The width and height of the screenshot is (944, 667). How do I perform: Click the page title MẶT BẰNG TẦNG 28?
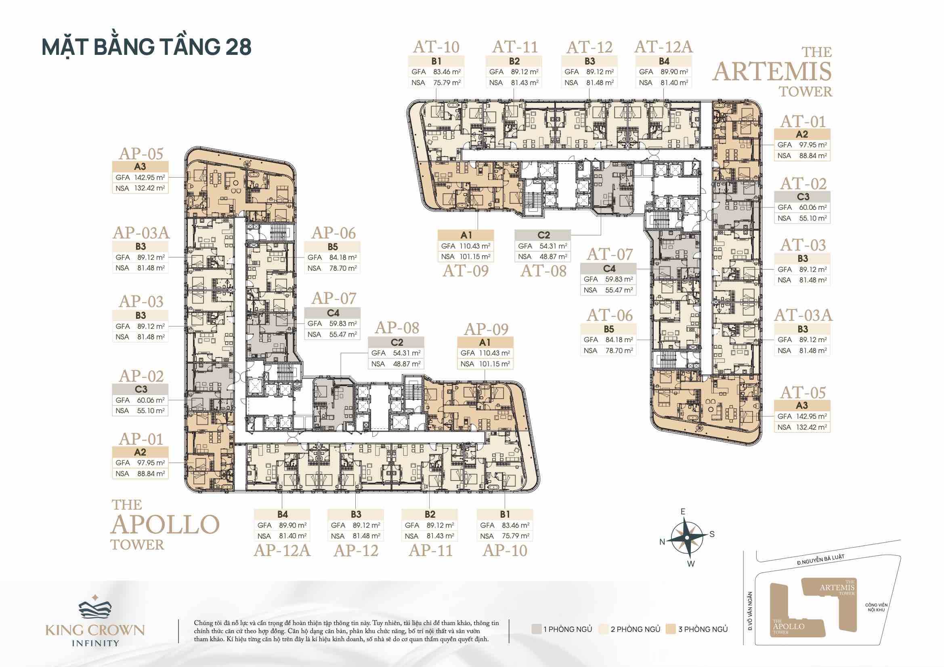coord(147,47)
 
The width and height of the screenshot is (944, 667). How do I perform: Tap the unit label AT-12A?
coord(664,47)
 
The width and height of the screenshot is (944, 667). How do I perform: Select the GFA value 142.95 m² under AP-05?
coord(150,178)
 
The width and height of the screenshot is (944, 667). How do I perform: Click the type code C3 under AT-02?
coord(803,197)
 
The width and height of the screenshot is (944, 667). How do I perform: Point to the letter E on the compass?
coord(683,511)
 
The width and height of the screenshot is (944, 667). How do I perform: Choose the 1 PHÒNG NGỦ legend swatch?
coord(536,629)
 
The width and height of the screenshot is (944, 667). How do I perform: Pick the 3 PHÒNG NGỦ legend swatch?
coord(671,629)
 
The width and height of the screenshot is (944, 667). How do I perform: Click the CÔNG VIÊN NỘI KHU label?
coord(876,607)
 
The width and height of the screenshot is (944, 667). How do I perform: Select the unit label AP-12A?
coord(282,550)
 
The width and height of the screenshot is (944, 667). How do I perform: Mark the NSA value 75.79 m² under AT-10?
coord(447,83)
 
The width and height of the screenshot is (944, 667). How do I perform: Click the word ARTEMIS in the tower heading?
coord(772,72)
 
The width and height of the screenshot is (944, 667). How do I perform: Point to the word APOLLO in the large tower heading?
coord(165,525)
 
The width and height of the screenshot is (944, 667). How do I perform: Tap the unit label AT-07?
coord(610,254)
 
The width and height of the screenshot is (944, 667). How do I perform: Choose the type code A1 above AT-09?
coord(466,235)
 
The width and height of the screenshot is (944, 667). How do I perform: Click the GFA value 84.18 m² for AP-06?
coord(343,257)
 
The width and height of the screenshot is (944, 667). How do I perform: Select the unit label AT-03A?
coord(803,315)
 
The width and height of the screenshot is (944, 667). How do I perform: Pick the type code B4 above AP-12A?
coord(283,514)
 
